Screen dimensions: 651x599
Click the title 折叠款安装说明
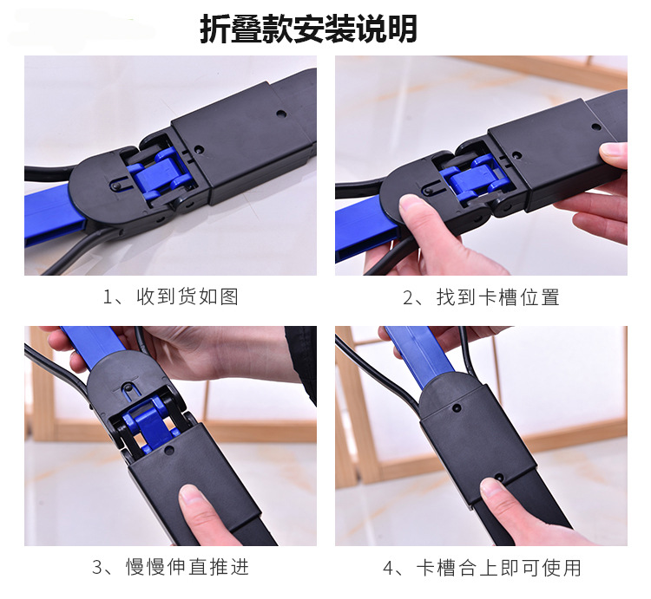308,29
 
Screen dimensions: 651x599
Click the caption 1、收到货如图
171,296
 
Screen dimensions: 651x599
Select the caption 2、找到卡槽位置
481,296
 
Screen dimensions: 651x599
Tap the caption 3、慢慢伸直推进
171,567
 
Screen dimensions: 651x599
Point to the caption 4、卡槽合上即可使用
482,568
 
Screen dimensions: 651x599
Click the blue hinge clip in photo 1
163,173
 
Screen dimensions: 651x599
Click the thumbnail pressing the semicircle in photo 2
409,205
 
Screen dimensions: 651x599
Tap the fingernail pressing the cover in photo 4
491,487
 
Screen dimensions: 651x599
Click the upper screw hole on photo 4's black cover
457,407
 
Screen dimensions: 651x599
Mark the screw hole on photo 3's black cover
168,449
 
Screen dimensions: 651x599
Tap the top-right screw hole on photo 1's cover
281,113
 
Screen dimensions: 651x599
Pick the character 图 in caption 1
229,296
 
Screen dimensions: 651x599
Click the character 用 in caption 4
572,568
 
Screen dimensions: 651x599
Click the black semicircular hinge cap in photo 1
100,186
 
